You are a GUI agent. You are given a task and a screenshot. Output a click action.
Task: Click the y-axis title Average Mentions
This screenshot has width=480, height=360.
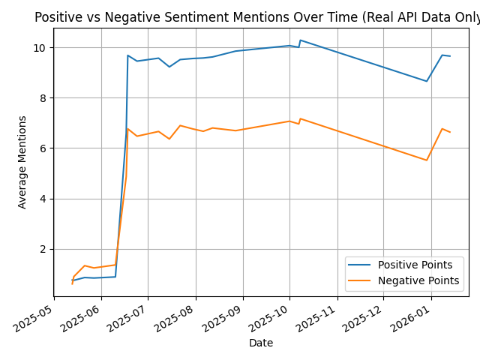click(22, 162)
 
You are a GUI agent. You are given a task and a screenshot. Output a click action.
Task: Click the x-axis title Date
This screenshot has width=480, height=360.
click(261, 343)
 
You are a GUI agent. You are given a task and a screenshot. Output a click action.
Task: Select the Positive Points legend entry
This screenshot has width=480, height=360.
click(415, 265)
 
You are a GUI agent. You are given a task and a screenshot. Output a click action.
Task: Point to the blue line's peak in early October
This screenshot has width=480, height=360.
click(300, 40)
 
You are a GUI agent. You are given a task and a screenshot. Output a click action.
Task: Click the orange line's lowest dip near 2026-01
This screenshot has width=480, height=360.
click(427, 160)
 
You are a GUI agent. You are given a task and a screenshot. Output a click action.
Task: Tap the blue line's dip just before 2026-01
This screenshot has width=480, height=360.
click(427, 81)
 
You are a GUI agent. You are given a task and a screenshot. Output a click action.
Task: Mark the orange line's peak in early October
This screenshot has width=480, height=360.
click(300, 118)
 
